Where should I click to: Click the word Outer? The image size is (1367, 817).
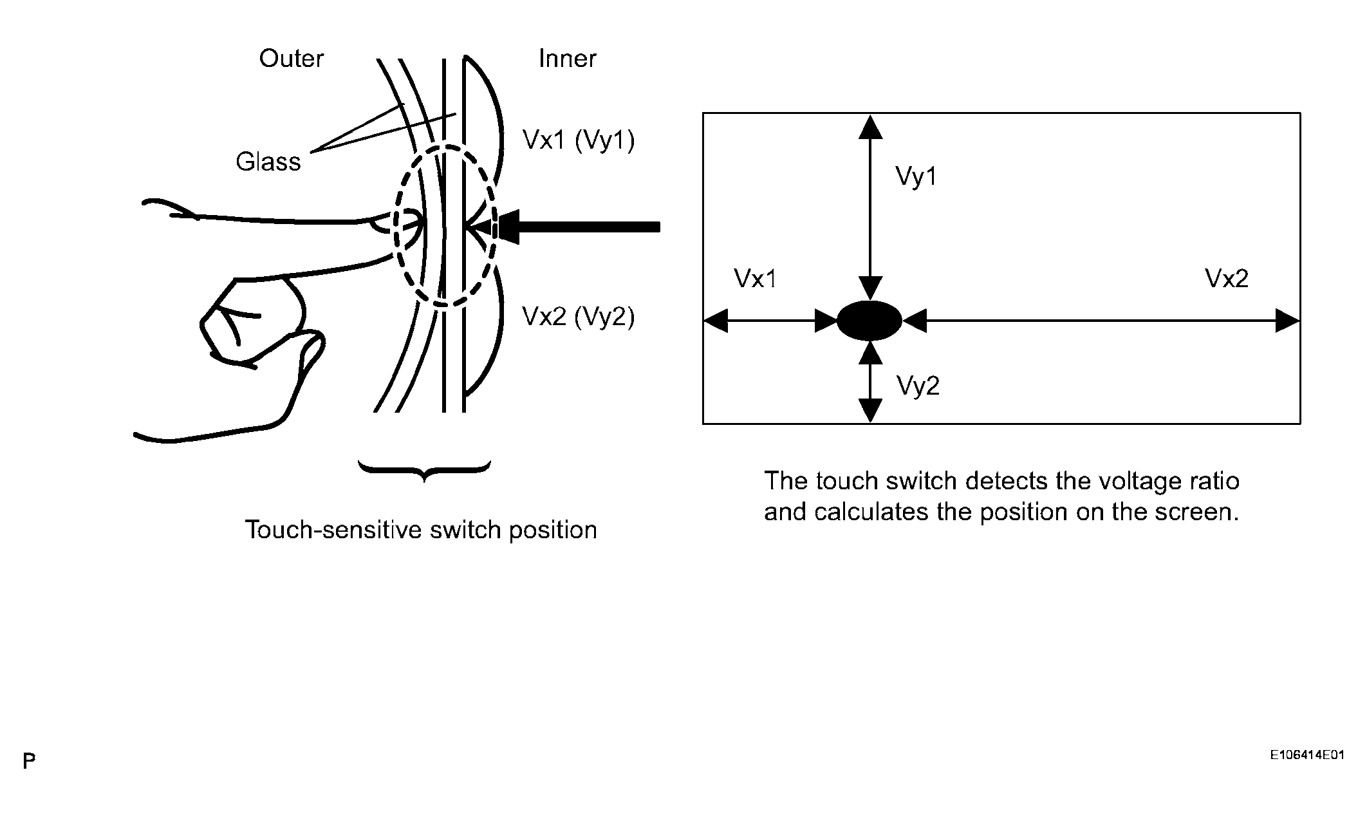(291, 59)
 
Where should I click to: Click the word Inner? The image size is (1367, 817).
(567, 59)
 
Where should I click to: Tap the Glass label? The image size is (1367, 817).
(268, 162)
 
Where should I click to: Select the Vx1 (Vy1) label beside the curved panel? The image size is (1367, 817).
(579, 140)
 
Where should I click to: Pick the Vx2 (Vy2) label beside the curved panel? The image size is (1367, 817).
(579, 317)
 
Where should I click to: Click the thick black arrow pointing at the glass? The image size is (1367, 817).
(579, 227)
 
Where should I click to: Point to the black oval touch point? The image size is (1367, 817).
(869, 320)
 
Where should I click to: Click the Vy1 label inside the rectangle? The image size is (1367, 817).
(916, 176)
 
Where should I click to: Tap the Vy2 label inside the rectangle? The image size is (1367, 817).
(918, 386)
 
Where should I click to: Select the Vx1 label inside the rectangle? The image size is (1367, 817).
(755, 279)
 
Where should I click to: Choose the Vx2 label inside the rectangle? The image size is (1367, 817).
(1227, 279)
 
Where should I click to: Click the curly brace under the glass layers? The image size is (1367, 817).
(424, 471)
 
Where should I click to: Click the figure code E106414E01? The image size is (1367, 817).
(1307, 755)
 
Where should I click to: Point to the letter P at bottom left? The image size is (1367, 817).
(29, 762)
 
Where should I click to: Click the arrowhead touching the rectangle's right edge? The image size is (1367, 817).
(1287, 320)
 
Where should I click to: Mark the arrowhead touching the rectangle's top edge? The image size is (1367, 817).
(870, 127)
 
